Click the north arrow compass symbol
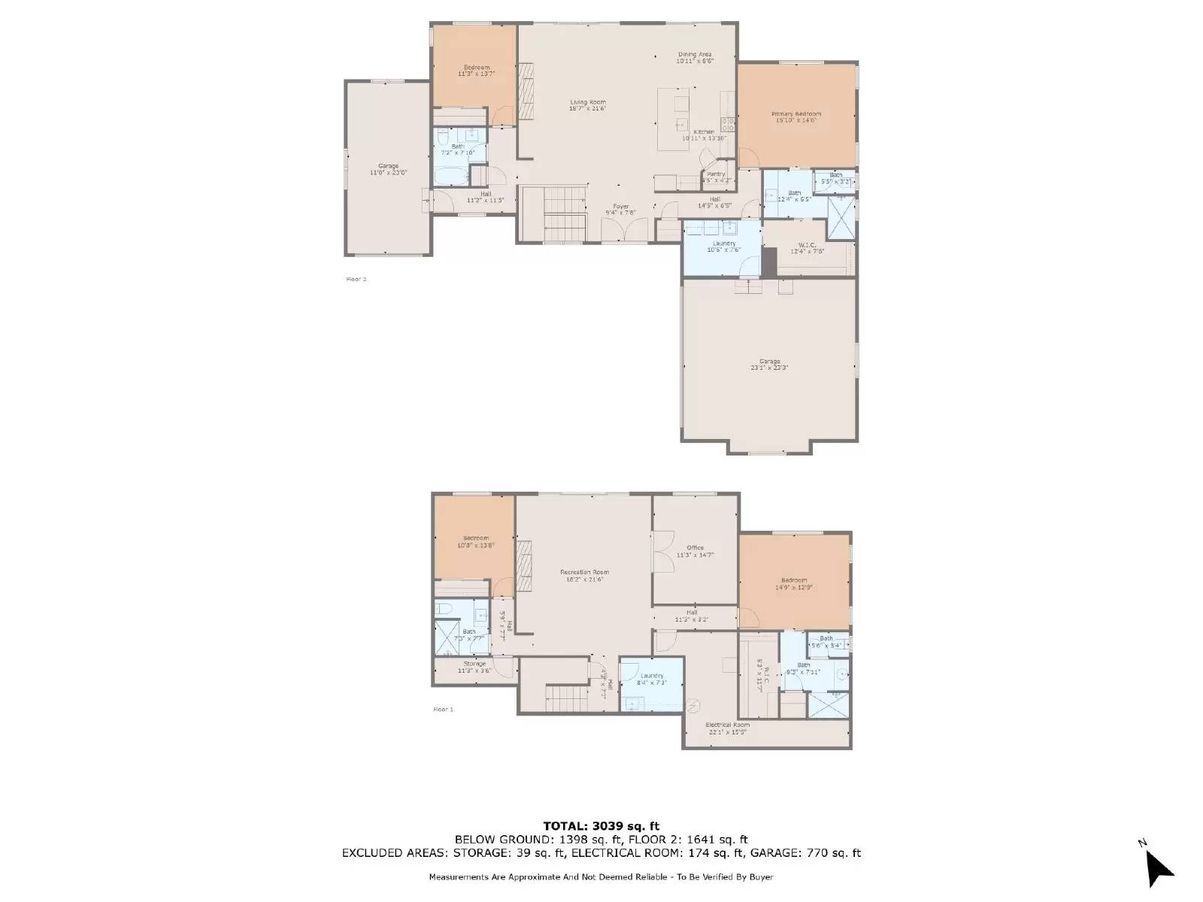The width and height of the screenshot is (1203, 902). point(1158,868)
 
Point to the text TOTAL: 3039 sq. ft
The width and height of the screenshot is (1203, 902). point(601,826)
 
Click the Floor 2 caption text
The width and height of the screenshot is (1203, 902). point(356,279)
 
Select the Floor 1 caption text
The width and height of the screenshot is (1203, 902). point(443,709)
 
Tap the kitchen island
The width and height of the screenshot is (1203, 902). point(673,119)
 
